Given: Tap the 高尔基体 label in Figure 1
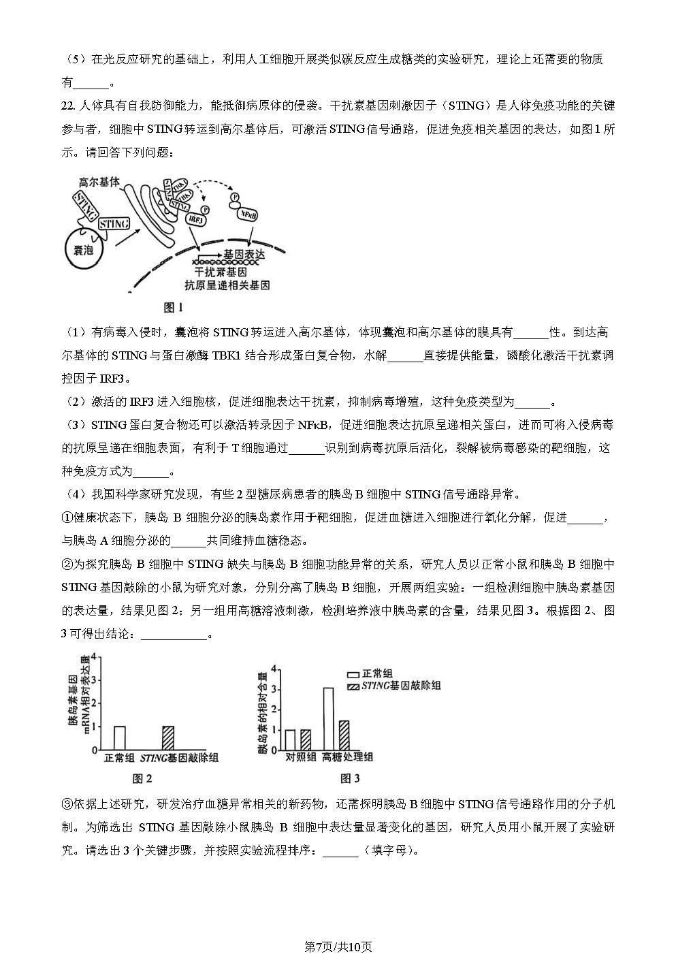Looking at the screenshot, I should coord(99,182).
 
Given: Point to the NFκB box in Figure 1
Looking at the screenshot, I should coord(247,214).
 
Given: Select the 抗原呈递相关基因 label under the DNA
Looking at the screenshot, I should coord(227,285).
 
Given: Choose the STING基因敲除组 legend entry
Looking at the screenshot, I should coord(393,686).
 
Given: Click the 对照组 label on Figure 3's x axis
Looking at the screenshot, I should coord(300,757).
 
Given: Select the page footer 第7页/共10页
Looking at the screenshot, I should coord(338,946).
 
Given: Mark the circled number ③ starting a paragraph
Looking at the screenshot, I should coord(67,804).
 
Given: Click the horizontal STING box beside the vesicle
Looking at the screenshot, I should coord(114,223).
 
